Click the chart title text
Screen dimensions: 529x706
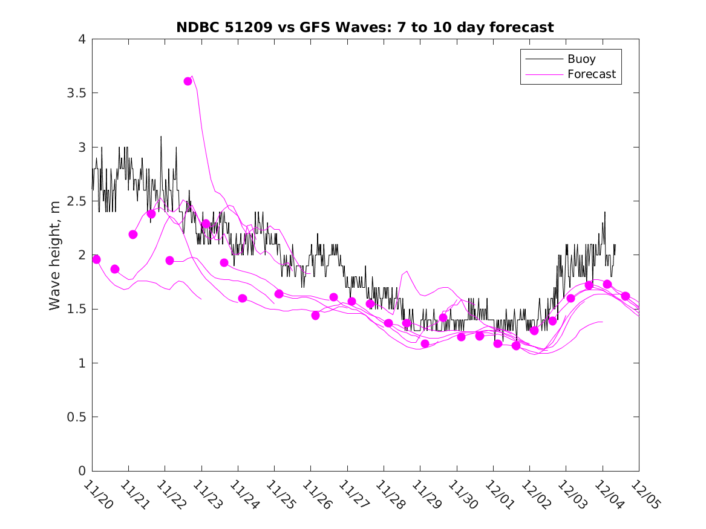coord(365,27)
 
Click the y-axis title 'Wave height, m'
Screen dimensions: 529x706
coord(55,256)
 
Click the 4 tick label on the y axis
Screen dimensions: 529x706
coord(81,40)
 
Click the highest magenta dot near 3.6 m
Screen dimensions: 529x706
coord(188,81)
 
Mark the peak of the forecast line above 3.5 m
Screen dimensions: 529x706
coord(192,76)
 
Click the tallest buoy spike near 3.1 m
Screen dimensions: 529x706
coord(161,137)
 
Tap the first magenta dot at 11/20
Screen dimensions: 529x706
coord(96,259)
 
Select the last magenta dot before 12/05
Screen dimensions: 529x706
coord(626,296)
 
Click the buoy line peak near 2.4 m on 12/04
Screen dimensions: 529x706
coord(604,212)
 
